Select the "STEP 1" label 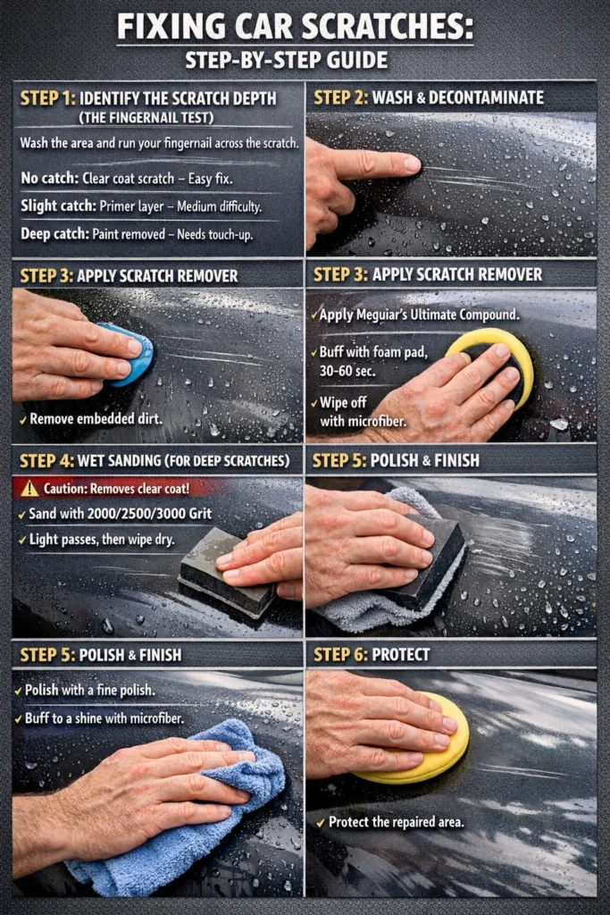pyautogui.click(x=46, y=97)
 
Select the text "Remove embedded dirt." pyautogui.click(x=90, y=418)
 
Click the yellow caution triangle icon pyautogui.click(x=29, y=489)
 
